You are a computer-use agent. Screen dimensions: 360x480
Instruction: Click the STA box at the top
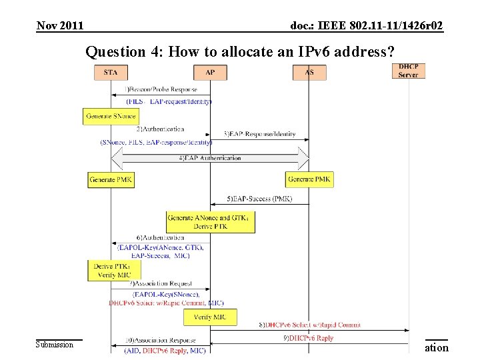[111, 72]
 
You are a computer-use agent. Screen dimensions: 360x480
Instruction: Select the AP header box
[211, 72]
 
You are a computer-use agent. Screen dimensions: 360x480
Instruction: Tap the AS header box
[308, 72]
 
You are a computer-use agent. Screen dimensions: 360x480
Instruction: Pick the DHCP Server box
[408, 71]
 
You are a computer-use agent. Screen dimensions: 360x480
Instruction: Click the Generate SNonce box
[110, 116]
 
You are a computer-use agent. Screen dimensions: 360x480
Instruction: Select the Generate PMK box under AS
[309, 179]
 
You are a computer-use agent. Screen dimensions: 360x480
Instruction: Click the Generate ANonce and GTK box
[211, 222]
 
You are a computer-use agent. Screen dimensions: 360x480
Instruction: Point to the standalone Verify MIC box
[211, 316]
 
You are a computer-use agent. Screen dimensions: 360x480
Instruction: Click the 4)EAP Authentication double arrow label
[209, 158]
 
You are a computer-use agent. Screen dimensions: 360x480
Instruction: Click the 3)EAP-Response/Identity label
[261, 134]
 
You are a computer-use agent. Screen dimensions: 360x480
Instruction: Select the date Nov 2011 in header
[60, 26]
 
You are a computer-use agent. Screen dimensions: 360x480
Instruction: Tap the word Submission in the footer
[55, 345]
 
